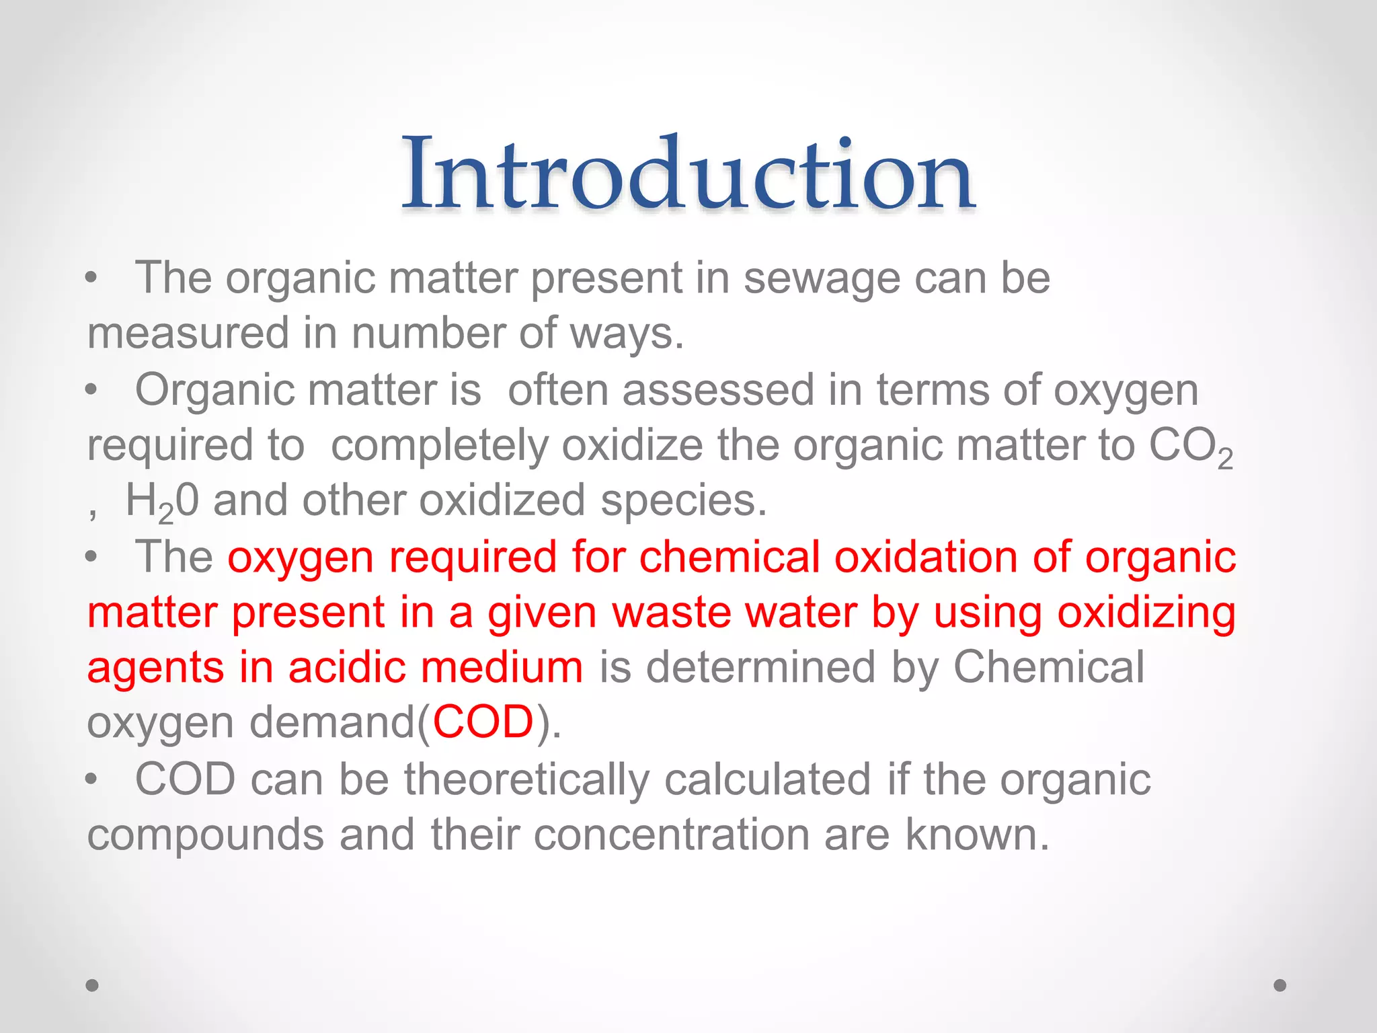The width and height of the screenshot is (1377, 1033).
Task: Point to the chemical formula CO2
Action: click(1190, 447)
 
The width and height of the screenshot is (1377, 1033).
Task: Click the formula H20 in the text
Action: click(162, 502)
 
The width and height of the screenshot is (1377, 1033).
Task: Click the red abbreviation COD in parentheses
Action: click(483, 723)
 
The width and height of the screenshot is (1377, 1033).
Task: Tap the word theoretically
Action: click(526, 779)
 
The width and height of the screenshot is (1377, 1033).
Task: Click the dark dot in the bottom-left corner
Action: click(92, 985)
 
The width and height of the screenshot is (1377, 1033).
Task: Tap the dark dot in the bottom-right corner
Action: click(1280, 985)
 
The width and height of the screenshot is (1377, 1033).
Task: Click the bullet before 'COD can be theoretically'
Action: click(92, 780)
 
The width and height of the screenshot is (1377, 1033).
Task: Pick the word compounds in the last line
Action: click(206, 836)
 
